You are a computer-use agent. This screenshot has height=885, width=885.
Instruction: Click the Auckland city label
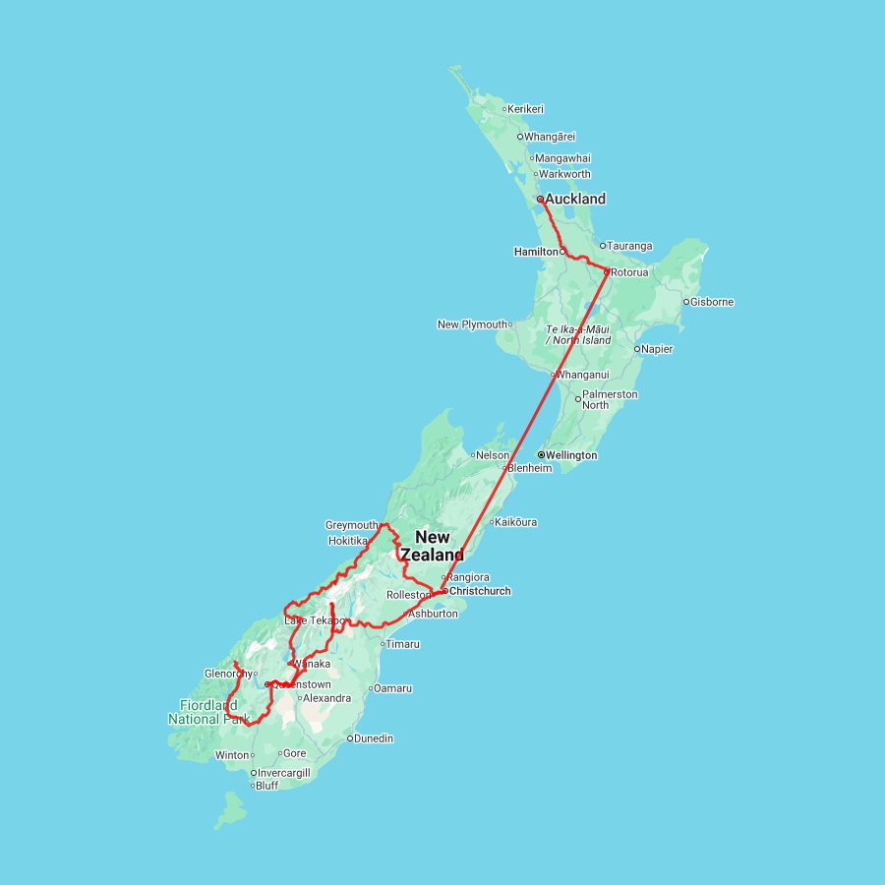coord(575,199)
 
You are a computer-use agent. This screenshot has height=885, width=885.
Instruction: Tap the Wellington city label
coord(571,455)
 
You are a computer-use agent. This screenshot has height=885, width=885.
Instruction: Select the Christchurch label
coord(480,591)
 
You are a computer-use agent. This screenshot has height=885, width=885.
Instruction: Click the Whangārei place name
coord(551,137)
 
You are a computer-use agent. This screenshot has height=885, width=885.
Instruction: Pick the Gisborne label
coord(713,302)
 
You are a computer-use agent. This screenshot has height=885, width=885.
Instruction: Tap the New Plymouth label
coord(473,324)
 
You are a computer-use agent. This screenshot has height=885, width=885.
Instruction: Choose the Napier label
coord(658,348)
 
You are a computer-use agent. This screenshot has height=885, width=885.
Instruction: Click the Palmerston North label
coord(610,399)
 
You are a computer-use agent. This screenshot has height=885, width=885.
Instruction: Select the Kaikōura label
coord(516,522)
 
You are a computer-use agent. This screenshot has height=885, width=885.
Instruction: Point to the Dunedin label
coord(375,737)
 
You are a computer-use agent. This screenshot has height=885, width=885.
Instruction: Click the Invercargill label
coord(284,773)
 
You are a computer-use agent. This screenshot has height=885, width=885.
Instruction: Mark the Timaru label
coord(403,644)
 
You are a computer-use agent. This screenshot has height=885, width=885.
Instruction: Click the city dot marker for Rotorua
coord(607,271)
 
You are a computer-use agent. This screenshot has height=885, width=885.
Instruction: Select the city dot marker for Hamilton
coord(562,252)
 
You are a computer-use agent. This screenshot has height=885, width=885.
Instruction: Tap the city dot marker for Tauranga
coord(603,246)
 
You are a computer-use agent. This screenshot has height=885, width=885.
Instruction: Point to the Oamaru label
coord(393,687)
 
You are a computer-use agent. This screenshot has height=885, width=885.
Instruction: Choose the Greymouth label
coord(351,525)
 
